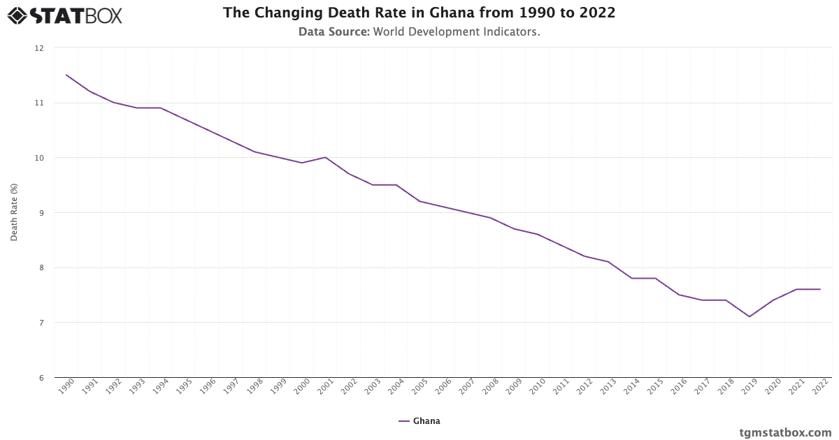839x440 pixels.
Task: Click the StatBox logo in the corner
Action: coord(65,15)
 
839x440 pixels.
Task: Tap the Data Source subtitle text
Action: coord(419,31)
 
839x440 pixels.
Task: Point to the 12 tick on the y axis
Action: coord(38,48)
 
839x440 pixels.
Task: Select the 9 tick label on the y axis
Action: coord(40,213)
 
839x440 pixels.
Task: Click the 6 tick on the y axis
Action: coord(40,378)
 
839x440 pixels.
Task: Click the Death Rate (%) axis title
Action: coord(14,213)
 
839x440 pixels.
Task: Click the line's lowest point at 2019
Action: coord(750,316)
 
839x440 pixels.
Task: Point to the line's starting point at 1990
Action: coord(66,75)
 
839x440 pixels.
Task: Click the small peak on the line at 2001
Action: coord(326,157)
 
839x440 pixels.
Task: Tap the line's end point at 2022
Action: coord(820,289)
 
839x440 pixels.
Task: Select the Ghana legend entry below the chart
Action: coord(419,421)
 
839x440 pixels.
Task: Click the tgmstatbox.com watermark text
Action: coord(785,432)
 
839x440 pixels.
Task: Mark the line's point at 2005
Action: coord(419,201)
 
